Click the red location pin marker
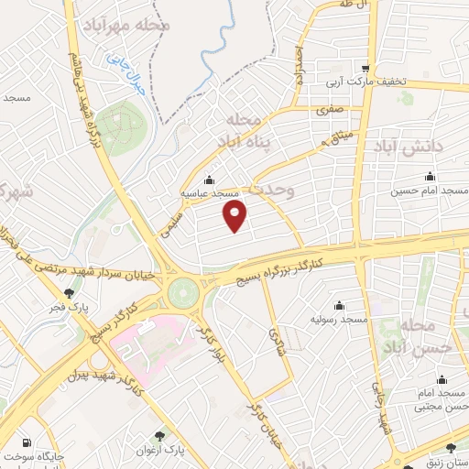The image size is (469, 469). [236, 216]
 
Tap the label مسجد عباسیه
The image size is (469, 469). [210, 194]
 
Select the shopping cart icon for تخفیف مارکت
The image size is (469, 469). [365, 67]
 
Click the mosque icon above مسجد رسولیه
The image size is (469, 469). [340, 304]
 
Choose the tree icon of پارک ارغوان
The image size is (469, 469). [162, 436]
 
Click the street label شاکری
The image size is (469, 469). [278, 344]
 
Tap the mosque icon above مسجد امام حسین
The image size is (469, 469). [428, 177]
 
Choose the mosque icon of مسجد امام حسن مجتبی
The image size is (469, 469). [442, 379]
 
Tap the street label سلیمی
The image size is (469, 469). [170, 223]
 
